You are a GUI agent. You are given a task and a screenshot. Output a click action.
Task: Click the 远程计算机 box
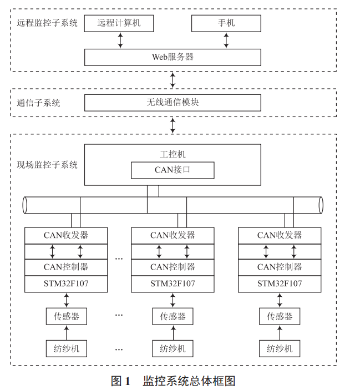coord(119,23)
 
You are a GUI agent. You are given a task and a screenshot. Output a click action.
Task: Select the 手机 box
coord(226,23)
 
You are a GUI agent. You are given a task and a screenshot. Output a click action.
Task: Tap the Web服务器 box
coord(173,57)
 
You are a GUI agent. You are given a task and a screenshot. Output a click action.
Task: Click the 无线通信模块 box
coord(173,103)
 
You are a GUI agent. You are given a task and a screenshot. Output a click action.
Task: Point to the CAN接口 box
coord(173,170)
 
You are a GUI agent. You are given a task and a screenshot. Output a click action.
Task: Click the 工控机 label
coord(173,154)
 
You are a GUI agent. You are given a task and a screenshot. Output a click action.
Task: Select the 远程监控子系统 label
coord(47,23)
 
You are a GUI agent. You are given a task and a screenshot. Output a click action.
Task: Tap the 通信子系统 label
coord(38,103)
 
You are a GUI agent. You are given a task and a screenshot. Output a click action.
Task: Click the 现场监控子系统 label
coord(47,165)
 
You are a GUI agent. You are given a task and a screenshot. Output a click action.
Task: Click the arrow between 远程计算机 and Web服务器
coord(119,40)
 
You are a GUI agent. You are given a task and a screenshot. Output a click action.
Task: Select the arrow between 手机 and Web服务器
coord(226,40)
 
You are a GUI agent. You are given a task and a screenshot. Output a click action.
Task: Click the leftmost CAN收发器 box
coord(66,235)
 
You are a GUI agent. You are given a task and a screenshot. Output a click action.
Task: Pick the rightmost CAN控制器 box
coord(280,267)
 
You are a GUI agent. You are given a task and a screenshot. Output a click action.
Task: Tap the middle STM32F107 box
coord(173,284)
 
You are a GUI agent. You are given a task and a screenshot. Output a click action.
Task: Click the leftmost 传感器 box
coord(66,316)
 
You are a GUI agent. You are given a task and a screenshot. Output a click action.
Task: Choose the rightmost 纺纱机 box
coord(280,348)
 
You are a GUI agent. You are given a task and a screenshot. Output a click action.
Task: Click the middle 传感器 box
coord(173,316)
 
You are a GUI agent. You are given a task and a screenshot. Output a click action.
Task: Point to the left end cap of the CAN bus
coord(24,205)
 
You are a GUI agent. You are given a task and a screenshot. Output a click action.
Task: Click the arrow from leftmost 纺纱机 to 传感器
coord(66,332)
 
